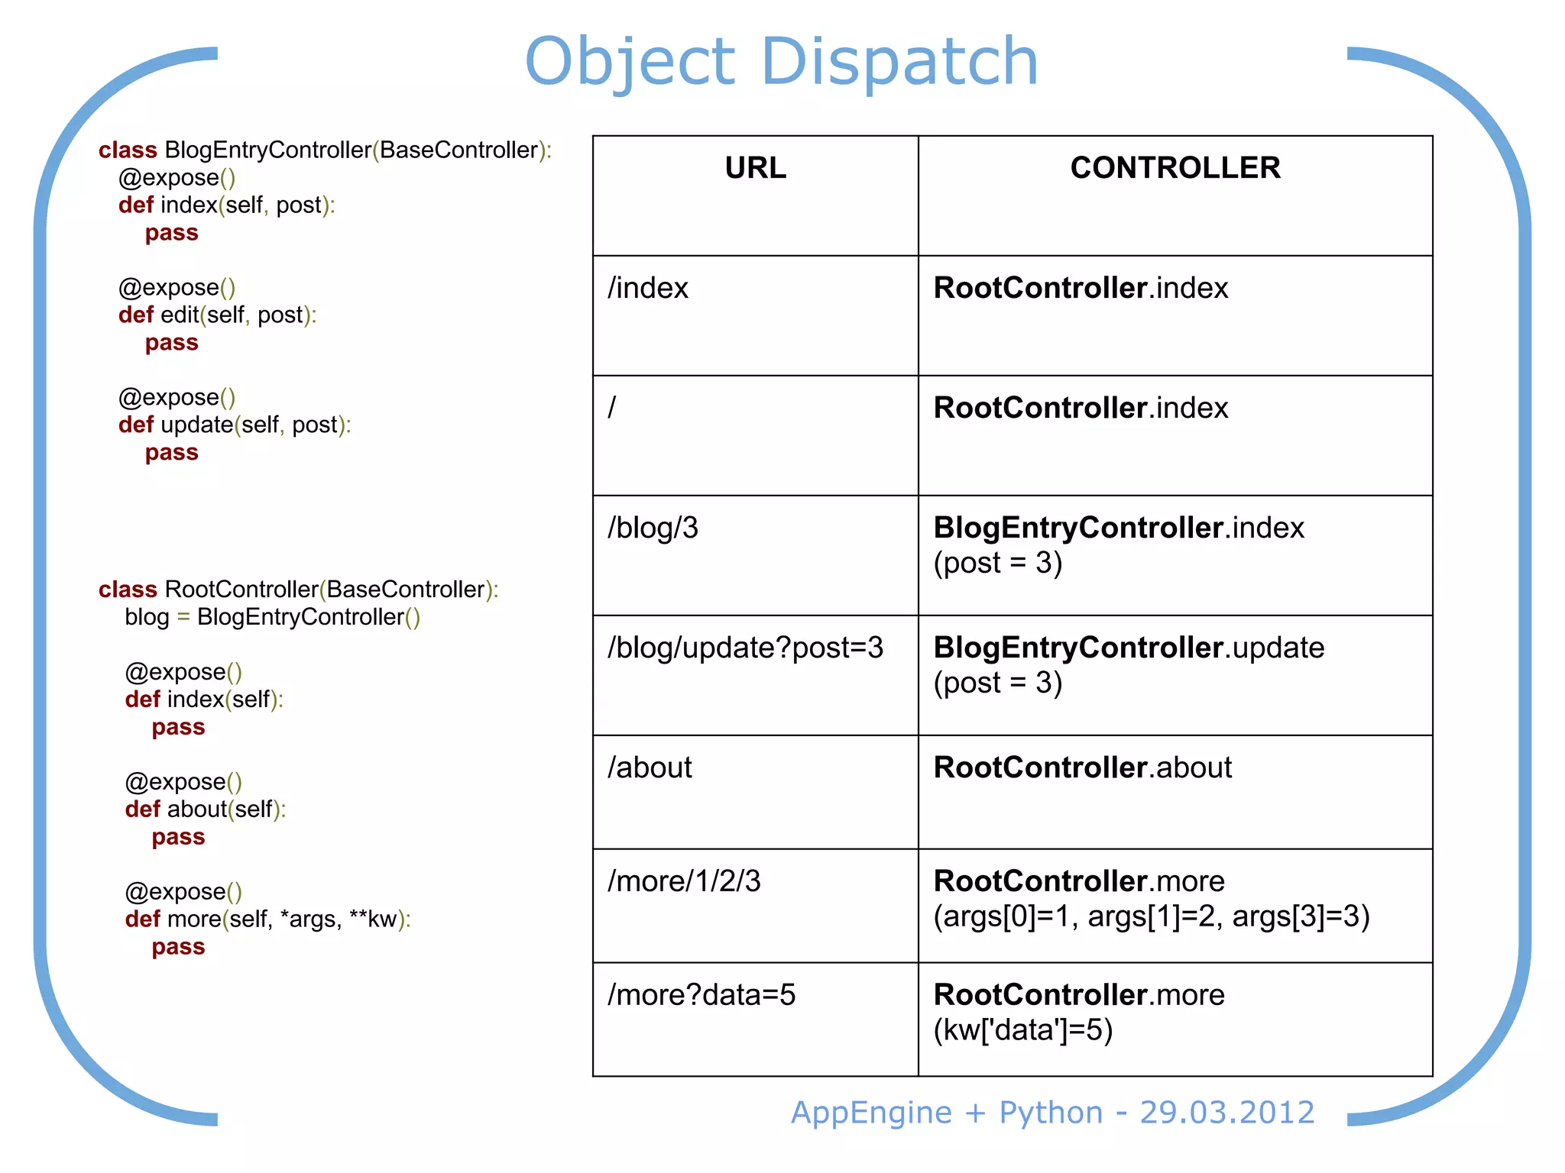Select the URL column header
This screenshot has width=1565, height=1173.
point(755,168)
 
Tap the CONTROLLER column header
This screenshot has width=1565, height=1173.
point(1175,168)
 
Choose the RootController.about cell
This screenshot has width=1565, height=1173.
point(1082,768)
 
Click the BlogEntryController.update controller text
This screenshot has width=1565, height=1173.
point(1129,648)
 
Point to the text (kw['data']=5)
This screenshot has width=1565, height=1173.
point(1022,1031)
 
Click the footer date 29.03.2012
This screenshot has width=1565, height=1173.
point(1226,1113)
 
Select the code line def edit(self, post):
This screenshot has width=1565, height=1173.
point(217,315)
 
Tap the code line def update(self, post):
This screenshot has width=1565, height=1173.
point(235,425)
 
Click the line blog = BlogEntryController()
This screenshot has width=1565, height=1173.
point(272,617)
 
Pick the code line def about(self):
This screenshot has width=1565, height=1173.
point(205,809)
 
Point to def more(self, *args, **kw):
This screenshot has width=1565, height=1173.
point(267,919)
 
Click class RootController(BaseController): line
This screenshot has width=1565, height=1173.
point(298,590)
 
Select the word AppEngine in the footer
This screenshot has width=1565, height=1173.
point(871,1113)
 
